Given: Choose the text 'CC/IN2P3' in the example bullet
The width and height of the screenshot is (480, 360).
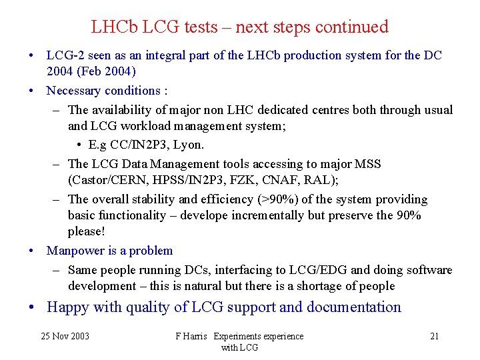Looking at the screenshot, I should [x=135, y=145].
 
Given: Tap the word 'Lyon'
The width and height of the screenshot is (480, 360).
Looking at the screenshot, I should [x=188, y=145].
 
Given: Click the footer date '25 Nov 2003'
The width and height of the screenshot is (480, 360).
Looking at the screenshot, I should [x=65, y=336].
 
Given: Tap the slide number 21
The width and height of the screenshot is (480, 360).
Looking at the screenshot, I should [x=434, y=336].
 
